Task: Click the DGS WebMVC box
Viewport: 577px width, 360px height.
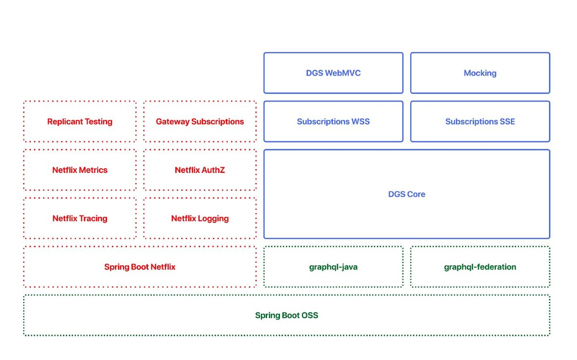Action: click(x=333, y=73)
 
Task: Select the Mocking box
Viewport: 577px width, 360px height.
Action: click(x=480, y=73)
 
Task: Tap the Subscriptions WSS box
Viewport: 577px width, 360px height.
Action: click(x=333, y=121)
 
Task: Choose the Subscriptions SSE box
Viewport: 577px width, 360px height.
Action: click(x=480, y=121)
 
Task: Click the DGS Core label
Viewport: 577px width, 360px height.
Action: click(x=407, y=194)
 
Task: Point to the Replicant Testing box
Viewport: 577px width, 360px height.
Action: click(x=80, y=121)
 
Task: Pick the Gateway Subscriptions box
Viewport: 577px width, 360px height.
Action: click(x=200, y=121)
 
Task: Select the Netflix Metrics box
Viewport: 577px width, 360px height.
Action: click(x=80, y=170)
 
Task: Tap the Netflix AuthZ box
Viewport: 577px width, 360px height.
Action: click(x=200, y=170)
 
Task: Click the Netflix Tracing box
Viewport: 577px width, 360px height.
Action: click(x=80, y=218)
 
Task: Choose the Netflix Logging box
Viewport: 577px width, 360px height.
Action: click(x=200, y=218)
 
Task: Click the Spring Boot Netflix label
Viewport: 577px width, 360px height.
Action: click(x=140, y=267)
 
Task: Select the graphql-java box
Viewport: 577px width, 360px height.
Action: click(x=333, y=267)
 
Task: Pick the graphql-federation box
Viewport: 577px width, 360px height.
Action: click(x=480, y=267)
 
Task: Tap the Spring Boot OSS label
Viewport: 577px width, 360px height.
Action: click(x=287, y=315)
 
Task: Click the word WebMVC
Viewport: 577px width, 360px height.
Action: click(x=343, y=73)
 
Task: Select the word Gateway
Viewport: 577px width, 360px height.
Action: click(x=173, y=122)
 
